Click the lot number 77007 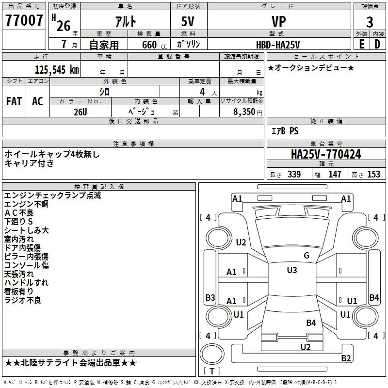24,20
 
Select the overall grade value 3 370,22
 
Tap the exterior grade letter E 362,44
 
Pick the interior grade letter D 377,44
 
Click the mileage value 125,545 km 57,70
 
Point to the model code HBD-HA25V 278,45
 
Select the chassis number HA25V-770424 326,154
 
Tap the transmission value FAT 14,101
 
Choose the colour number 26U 81,112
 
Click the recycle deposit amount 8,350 244,112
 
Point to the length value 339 294,174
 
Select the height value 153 373,174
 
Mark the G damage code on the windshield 307,256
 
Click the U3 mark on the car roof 292,270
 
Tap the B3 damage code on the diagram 210,297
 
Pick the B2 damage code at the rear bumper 346,358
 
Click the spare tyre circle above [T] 212,354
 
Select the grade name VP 278,21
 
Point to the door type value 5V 188,21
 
